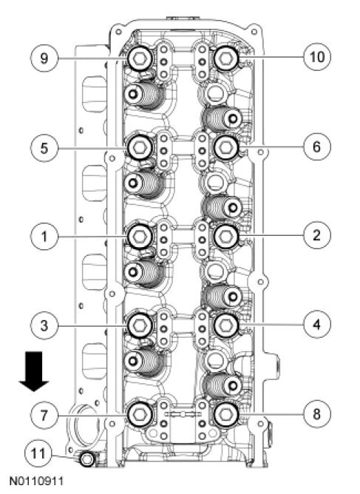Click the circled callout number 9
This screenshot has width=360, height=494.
[44, 58]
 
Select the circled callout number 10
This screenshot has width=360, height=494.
[317, 57]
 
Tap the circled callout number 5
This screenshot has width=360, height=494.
[44, 148]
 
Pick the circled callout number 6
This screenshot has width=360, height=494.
[317, 146]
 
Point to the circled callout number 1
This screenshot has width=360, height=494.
[44, 236]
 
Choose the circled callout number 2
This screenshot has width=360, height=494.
[317, 235]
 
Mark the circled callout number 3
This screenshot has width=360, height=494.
[44, 325]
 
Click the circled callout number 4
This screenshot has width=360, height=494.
[317, 324]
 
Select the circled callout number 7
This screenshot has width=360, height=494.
[44, 415]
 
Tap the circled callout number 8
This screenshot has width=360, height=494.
[317, 414]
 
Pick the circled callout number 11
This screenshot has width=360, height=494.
[38, 453]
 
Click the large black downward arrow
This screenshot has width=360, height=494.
[34, 371]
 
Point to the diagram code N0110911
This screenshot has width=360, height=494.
[36, 481]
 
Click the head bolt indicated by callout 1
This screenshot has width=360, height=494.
[140, 237]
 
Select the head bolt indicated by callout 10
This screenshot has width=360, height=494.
[226, 58]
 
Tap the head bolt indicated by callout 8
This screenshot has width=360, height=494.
[226, 414]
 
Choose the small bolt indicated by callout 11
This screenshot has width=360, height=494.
[86, 459]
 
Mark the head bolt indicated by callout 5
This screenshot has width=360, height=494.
[140, 147]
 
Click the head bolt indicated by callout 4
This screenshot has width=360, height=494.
[226, 325]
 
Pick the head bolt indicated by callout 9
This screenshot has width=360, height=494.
[140, 58]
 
